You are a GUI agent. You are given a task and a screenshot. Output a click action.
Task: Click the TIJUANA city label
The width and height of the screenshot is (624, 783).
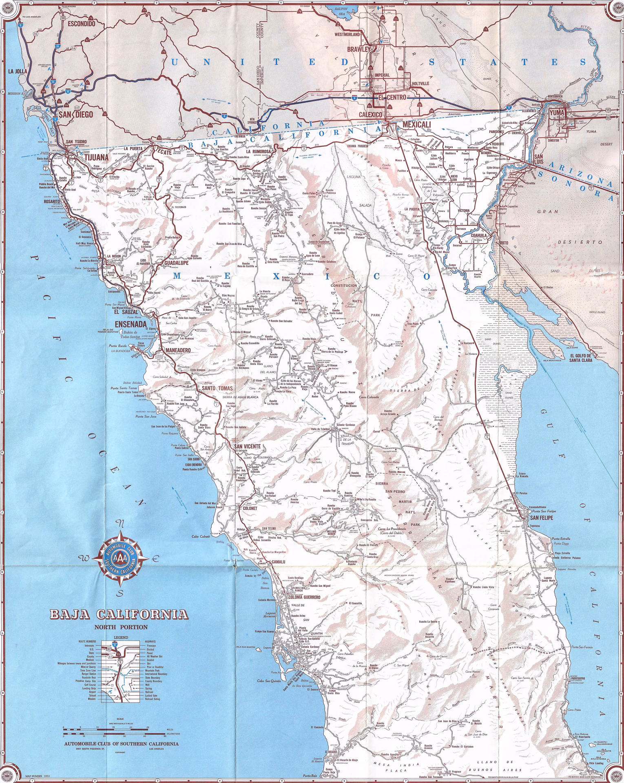click(x=96, y=158)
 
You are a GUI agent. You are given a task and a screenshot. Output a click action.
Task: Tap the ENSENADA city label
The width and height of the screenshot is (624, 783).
click(x=131, y=324)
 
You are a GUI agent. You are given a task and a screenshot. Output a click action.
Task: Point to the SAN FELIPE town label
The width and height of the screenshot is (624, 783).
click(x=541, y=518)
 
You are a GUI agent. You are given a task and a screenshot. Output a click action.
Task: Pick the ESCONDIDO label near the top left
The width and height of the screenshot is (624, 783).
click(x=81, y=24)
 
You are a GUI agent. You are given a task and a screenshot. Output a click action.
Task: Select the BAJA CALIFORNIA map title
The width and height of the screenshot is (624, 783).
click(x=119, y=615)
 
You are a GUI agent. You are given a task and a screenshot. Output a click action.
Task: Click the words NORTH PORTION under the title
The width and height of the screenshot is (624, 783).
click(x=121, y=627)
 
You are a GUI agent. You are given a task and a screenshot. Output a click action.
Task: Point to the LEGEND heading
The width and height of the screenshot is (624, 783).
click(x=121, y=637)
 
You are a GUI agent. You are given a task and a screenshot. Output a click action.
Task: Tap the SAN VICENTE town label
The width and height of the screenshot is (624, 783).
click(x=247, y=446)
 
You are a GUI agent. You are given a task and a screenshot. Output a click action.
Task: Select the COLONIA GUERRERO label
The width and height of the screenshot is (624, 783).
click(x=304, y=597)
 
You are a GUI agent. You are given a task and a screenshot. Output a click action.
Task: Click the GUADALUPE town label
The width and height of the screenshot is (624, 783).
click(x=176, y=263)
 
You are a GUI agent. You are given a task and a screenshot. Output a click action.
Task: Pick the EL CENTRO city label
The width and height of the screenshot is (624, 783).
click(x=392, y=97)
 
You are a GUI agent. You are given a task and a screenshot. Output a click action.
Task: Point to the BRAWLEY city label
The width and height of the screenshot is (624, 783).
click(x=358, y=49)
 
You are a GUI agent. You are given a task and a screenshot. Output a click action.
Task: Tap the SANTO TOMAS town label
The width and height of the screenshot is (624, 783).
click(x=217, y=388)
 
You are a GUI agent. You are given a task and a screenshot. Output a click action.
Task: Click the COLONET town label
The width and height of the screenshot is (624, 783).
click(x=250, y=509)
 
